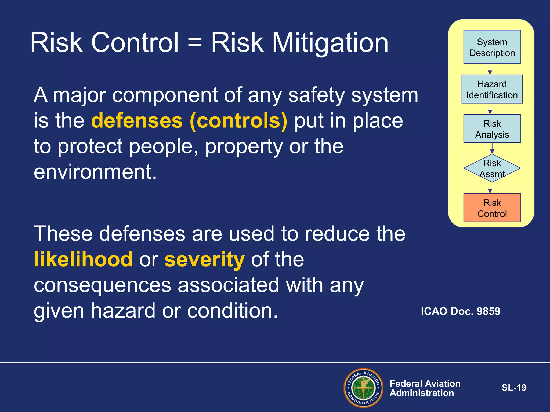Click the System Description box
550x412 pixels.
pos(492,47)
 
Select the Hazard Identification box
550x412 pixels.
pos(492,89)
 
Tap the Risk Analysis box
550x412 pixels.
pos(492,128)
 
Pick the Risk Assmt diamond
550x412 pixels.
pos(492,168)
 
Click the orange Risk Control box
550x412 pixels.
pos(492,208)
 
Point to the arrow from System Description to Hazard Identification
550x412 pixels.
pos(490,69)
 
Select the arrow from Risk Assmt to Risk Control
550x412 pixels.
pos(490,188)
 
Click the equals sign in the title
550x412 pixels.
pos(195,43)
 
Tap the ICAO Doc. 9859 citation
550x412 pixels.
pos(460,311)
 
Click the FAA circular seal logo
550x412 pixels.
pos(363,388)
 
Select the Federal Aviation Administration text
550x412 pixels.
pos(425,388)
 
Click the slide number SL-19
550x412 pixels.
pos(514,388)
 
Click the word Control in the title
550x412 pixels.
pos(135,43)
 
